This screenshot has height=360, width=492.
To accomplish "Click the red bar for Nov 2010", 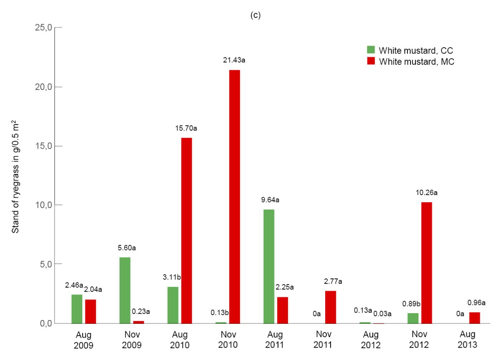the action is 234,197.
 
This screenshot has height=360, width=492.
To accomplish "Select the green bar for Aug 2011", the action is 269,267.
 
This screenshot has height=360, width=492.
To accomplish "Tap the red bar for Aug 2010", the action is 186,231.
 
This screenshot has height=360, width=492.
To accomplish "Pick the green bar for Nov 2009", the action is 125,290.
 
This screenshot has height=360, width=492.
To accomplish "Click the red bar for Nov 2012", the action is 427,263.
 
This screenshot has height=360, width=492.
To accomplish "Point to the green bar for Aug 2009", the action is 77,309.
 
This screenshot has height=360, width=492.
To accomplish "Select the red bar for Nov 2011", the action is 331,307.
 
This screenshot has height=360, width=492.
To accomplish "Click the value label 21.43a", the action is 234,60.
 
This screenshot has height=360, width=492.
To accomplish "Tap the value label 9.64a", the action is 270,200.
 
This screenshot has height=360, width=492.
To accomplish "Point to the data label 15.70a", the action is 186,128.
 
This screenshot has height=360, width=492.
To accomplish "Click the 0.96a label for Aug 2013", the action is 476,303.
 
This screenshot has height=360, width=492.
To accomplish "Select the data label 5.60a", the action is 127,248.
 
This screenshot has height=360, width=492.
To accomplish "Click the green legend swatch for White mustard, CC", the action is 371,50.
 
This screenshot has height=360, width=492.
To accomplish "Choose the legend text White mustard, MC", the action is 417,62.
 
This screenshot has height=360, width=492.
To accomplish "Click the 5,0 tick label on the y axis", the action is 46,264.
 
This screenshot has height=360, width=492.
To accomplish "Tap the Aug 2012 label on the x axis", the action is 371,340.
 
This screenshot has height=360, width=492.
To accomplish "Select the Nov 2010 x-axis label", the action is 228,340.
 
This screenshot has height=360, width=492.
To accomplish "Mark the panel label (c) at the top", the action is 256,15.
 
